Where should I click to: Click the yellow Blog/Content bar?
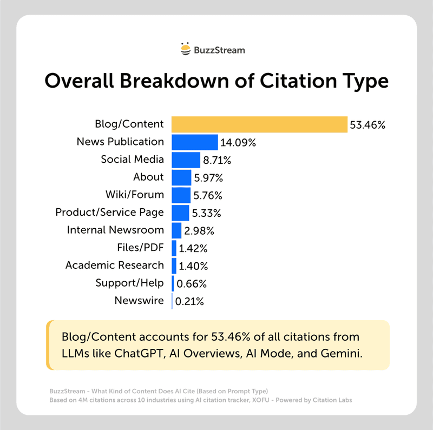[x=259, y=124]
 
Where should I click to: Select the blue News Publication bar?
[x=195, y=142]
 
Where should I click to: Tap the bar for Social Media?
[x=186, y=160]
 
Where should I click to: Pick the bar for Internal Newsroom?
[x=176, y=230]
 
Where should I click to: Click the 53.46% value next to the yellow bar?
[x=368, y=125]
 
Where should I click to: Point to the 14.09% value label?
[x=238, y=143]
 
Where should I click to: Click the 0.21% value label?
[x=189, y=301]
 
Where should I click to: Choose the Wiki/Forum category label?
[x=134, y=194]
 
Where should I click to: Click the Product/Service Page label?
[x=109, y=212]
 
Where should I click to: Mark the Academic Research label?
[x=114, y=265]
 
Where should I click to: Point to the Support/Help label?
[x=129, y=283]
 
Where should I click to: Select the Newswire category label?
[x=139, y=300]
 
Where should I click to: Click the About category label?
[x=148, y=177]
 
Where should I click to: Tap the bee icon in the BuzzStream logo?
[x=186, y=49]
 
